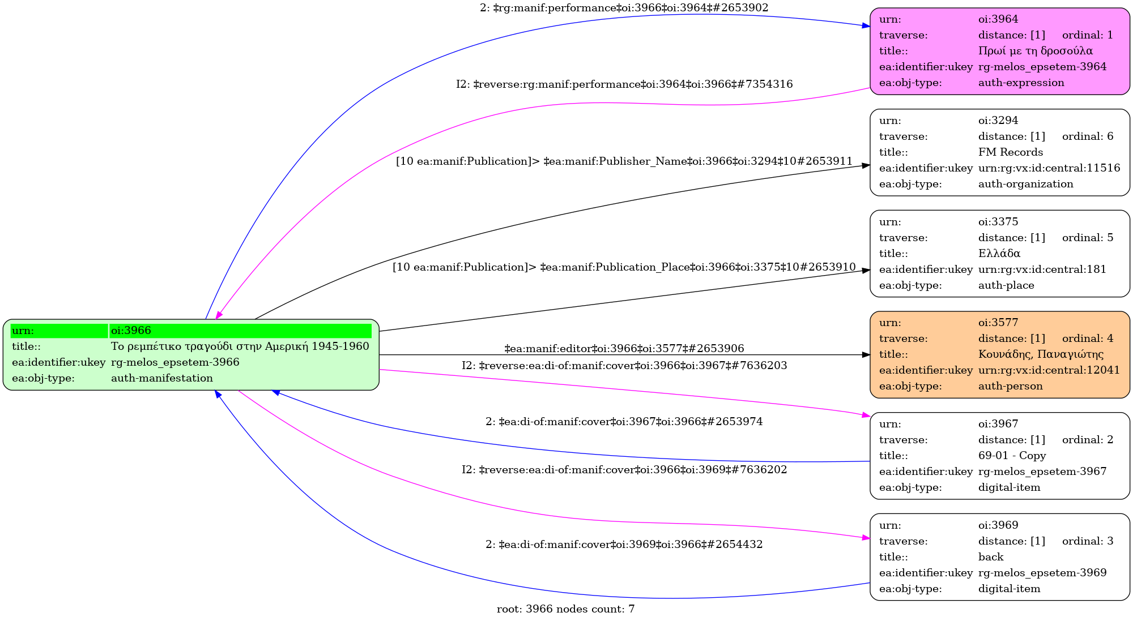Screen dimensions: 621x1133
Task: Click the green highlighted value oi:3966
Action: (x=130, y=331)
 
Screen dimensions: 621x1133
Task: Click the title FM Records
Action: (x=1010, y=152)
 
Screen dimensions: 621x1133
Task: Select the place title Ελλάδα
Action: (x=999, y=254)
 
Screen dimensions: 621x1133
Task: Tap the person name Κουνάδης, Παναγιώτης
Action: (x=1041, y=354)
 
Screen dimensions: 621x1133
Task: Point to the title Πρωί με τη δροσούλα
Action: (x=1035, y=51)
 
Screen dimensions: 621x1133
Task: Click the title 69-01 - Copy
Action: (x=1012, y=456)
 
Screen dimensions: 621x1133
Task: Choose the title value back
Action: (x=990, y=557)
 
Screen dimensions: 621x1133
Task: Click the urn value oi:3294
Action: (x=998, y=121)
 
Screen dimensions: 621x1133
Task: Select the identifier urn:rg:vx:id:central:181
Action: (x=1042, y=269)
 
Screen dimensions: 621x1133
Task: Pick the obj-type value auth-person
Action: (x=1010, y=386)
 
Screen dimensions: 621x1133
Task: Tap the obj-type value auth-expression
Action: (x=1021, y=83)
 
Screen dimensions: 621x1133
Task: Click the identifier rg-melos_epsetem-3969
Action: (x=1042, y=573)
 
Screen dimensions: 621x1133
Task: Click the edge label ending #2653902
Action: (x=624, y=8)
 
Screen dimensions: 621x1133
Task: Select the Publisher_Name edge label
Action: (x=624, y=161)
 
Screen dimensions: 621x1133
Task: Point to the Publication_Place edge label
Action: (x=624, y=267)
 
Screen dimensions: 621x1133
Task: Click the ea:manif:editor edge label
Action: (x=624, y=349)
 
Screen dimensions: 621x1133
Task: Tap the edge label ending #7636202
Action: (x=624, y=470)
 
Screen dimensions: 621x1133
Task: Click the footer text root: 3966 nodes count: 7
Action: (x=565, y=609)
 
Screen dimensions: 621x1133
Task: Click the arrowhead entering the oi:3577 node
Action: (x=866, y=355)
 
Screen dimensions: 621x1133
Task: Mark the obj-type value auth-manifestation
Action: (x=161, y=378)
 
